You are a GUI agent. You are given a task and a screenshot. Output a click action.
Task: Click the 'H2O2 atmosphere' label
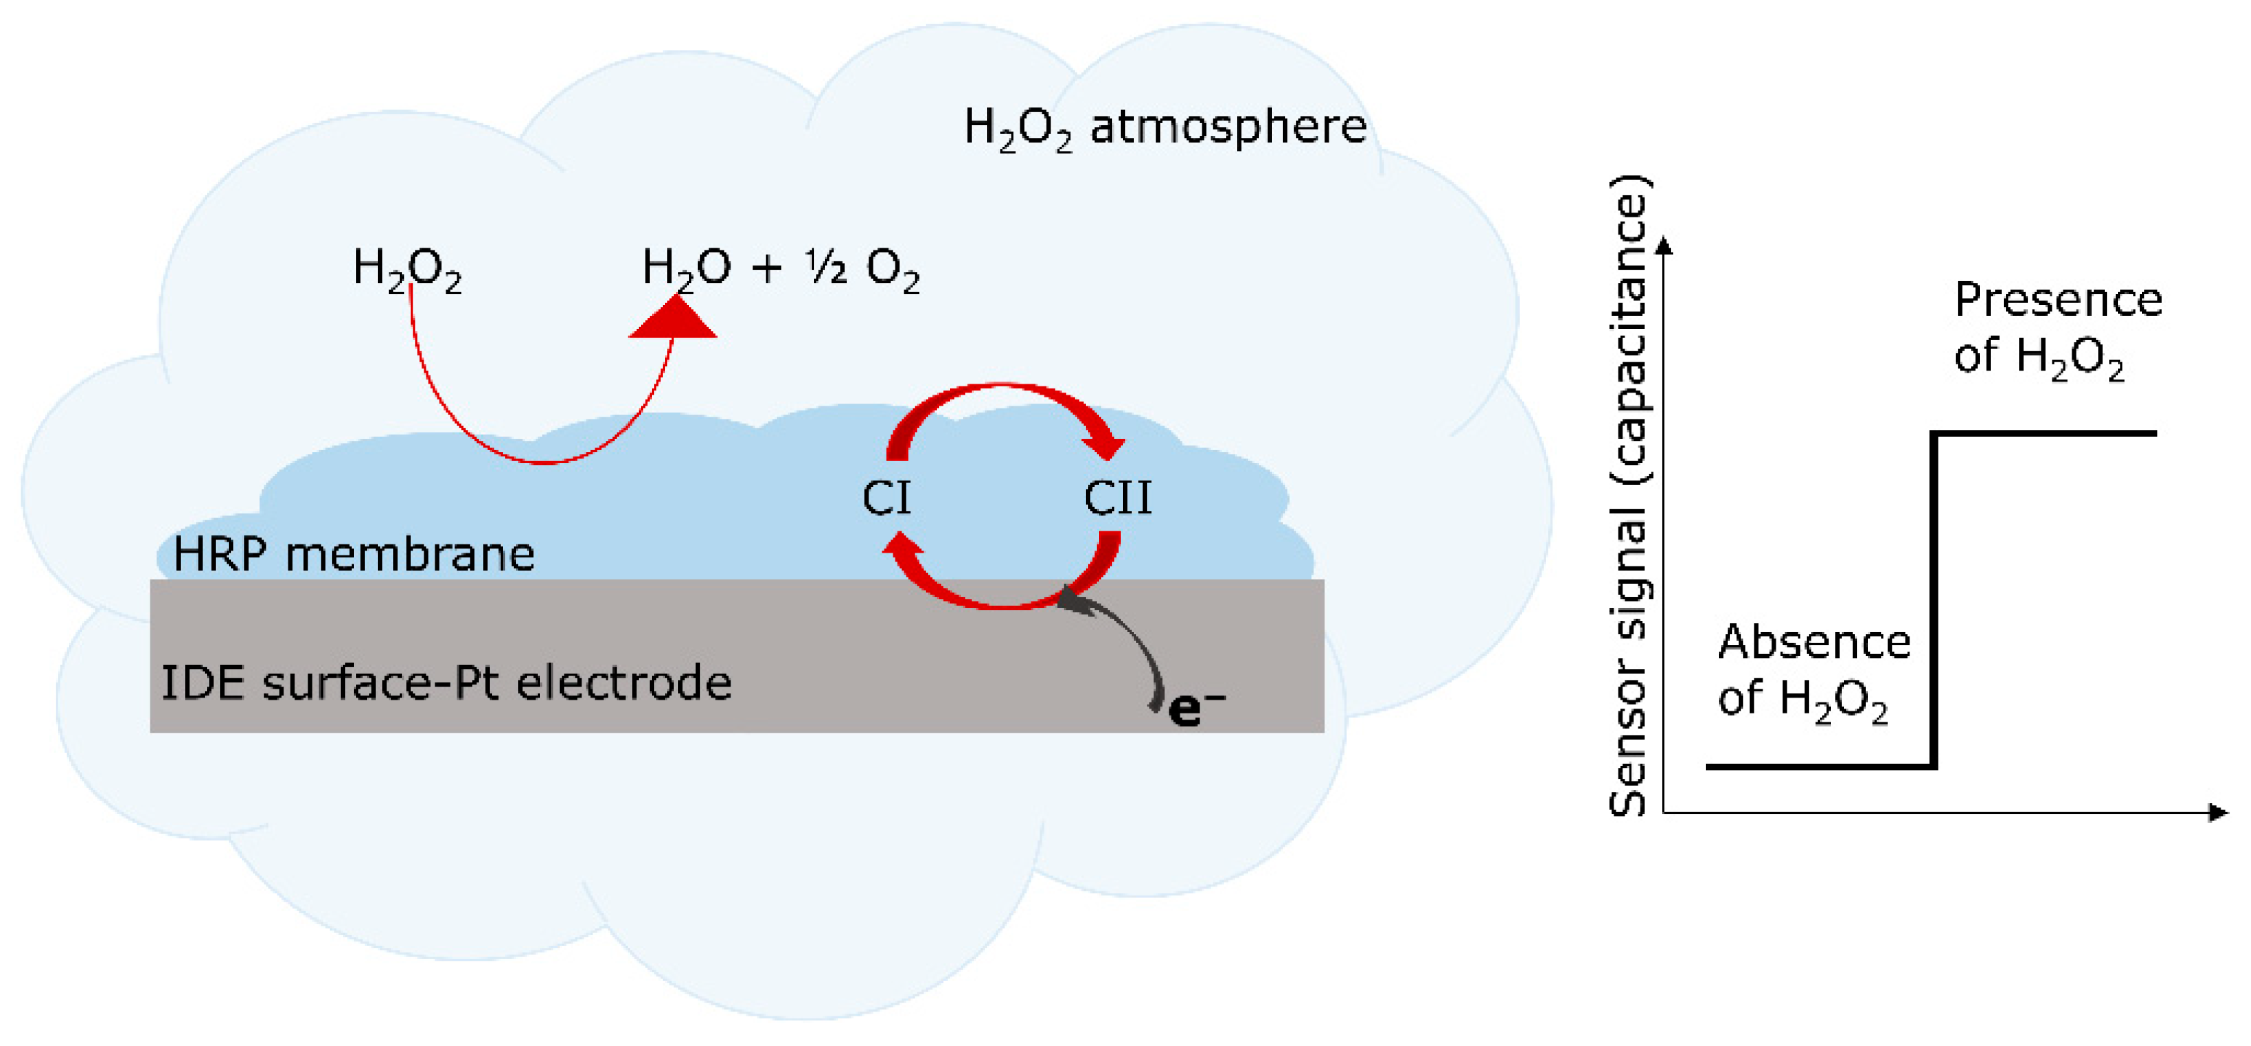pyautogui.click(x=1165, y=129)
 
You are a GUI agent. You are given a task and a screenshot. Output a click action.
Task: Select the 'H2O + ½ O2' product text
pyautogui.click(x=780, y=268)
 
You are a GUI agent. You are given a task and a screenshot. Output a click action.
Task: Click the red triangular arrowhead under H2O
pyautogui.click(x=673, y=319)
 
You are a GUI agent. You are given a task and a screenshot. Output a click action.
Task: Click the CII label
pyautogui.click(x=1118, y=498)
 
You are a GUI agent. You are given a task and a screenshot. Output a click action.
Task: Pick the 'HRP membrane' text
pyautogui.click(x=354, y=554)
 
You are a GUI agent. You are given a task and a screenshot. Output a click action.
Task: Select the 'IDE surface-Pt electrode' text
pyautogui.click(x=446, y=683)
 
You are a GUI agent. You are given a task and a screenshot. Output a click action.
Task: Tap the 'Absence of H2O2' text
pyautogui.click(x=1813, y=670)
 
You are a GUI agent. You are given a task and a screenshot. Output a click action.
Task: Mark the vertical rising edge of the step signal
pyautogui.click(x=1934, y=600)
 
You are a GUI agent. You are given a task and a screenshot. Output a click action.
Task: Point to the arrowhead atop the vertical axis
pyautogui.click(x=1664, y=246)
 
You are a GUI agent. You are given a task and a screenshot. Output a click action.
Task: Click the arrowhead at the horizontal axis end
pyautogui.click(x=2218, y=813)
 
